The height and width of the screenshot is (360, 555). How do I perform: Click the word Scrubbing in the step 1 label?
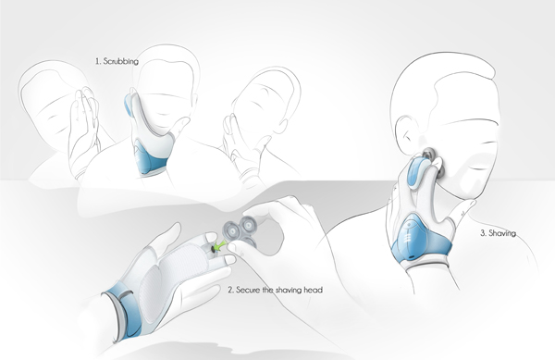click(120, 61)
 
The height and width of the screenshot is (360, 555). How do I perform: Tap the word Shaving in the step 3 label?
click(502, 233)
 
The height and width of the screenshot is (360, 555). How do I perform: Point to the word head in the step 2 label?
click(314, 290)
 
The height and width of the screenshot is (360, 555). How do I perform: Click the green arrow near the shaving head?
click(220, 245)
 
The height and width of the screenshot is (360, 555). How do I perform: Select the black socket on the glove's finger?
click(213, 249)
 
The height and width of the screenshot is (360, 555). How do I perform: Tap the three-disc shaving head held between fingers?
click(240, 230)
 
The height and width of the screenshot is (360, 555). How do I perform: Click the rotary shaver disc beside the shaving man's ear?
click(428, 154)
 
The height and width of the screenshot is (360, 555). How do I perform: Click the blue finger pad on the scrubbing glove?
click(129, 106)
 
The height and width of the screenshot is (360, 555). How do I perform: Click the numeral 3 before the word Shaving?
click(483, 233)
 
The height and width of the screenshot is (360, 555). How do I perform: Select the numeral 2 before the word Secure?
click(230, 291)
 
